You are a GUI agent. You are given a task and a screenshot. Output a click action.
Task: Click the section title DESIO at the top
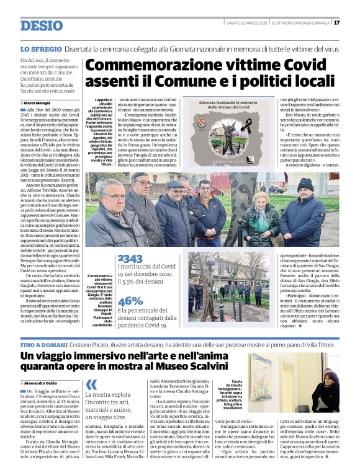pyautogui.click(x=41, y=25)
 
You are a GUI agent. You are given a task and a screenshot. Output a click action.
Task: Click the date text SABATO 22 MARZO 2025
pyautogui.click(x=246, y=22)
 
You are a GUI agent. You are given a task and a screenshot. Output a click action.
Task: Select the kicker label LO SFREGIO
pyautogui.click(x=40, y=48)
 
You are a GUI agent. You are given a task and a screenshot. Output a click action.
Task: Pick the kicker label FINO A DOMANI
pyautogui.click(x=43, y=344)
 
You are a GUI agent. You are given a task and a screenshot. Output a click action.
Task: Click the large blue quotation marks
pyautogui.click(x=91, y=384)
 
